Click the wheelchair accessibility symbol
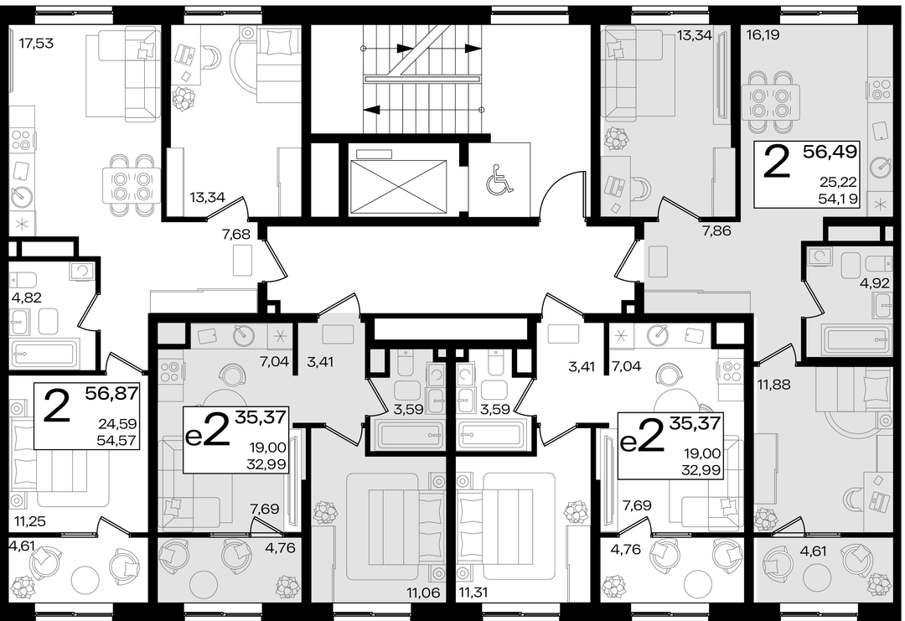(x=499, y=179)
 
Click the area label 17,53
(x=36, y=44)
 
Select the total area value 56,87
(x=112, y=394)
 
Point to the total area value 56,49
(x=830, y=152)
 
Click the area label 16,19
(x=763, y=35)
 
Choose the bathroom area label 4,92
(x=876, y=283)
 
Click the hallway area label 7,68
(x=236, y=234)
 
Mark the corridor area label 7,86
(x=716, y=230)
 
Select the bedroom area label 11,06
(x=424, y=593)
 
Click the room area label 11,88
(x=774, y=385)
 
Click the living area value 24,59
(x=118, y=424)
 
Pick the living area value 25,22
(x=838, y=183)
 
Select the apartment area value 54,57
(x=118, y=441)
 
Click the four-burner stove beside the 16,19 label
(x=882, y=91)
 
